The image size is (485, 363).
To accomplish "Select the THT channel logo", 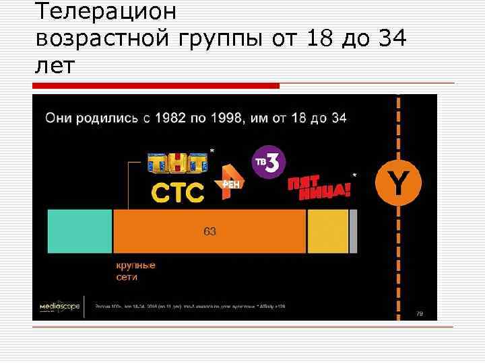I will coord(177,163).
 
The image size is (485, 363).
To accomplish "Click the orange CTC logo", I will coord(177,193).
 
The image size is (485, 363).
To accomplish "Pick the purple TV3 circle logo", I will coord(269,163).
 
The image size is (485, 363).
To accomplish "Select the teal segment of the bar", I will coord(79,231).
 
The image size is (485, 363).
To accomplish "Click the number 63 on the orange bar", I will coord(209,231).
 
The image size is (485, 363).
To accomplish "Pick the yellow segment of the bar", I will coord(327,231).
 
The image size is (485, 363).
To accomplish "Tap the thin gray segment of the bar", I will coord(353,231).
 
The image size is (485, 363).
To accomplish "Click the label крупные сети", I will coord(135,271).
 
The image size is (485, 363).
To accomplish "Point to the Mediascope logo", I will coord(59,306).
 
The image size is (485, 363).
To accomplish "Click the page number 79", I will coord(419,313).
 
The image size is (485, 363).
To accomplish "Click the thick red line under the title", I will coord(156,86).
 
